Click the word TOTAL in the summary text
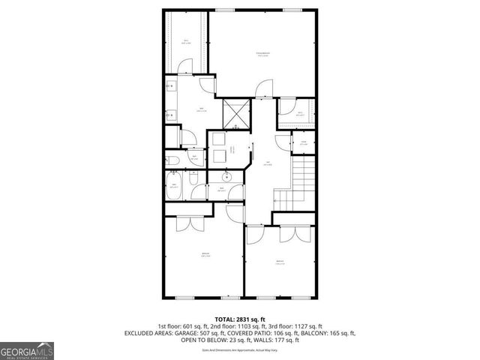coord(223,319)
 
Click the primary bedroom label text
coord(262,53)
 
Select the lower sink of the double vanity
coord(170,115)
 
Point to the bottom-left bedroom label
coord(205,255)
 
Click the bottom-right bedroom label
coord(280,262)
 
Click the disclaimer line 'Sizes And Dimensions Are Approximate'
coord(239,349)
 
